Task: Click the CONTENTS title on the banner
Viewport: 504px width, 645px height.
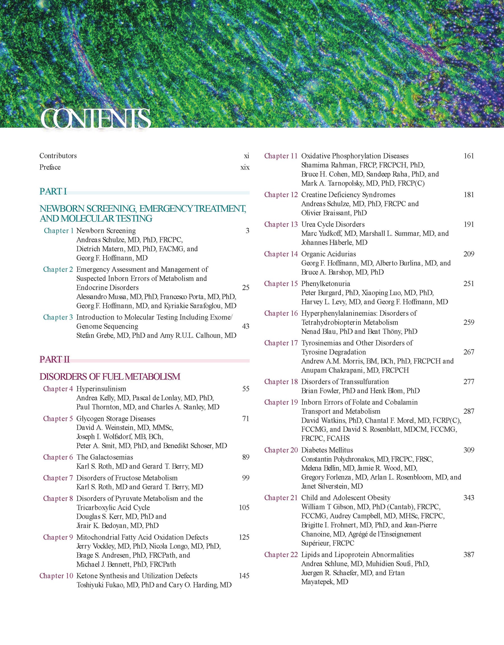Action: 95,119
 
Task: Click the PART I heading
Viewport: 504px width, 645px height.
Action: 53,192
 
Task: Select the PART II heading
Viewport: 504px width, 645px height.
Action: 55,359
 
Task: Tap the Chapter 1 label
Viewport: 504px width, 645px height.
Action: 59,231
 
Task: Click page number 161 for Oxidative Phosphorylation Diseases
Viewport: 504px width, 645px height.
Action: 468,156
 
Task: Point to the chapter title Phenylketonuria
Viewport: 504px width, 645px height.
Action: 325,283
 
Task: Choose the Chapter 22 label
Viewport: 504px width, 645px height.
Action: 281,555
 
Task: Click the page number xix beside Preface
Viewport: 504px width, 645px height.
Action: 245,167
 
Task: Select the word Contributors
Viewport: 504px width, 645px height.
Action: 58,156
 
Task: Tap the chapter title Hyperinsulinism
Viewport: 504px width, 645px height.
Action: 101,389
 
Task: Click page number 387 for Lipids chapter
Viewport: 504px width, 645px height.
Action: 468,555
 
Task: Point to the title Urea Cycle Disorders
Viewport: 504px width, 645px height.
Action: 333,224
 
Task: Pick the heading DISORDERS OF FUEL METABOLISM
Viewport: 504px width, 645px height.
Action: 110,377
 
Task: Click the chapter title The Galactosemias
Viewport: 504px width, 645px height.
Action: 105,457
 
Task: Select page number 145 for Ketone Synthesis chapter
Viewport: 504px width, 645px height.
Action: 244,576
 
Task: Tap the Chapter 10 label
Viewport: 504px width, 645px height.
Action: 56,576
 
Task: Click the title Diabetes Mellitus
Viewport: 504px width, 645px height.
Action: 327,450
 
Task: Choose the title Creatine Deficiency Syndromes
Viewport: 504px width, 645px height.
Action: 348,195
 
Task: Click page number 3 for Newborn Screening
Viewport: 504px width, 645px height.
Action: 248,231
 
